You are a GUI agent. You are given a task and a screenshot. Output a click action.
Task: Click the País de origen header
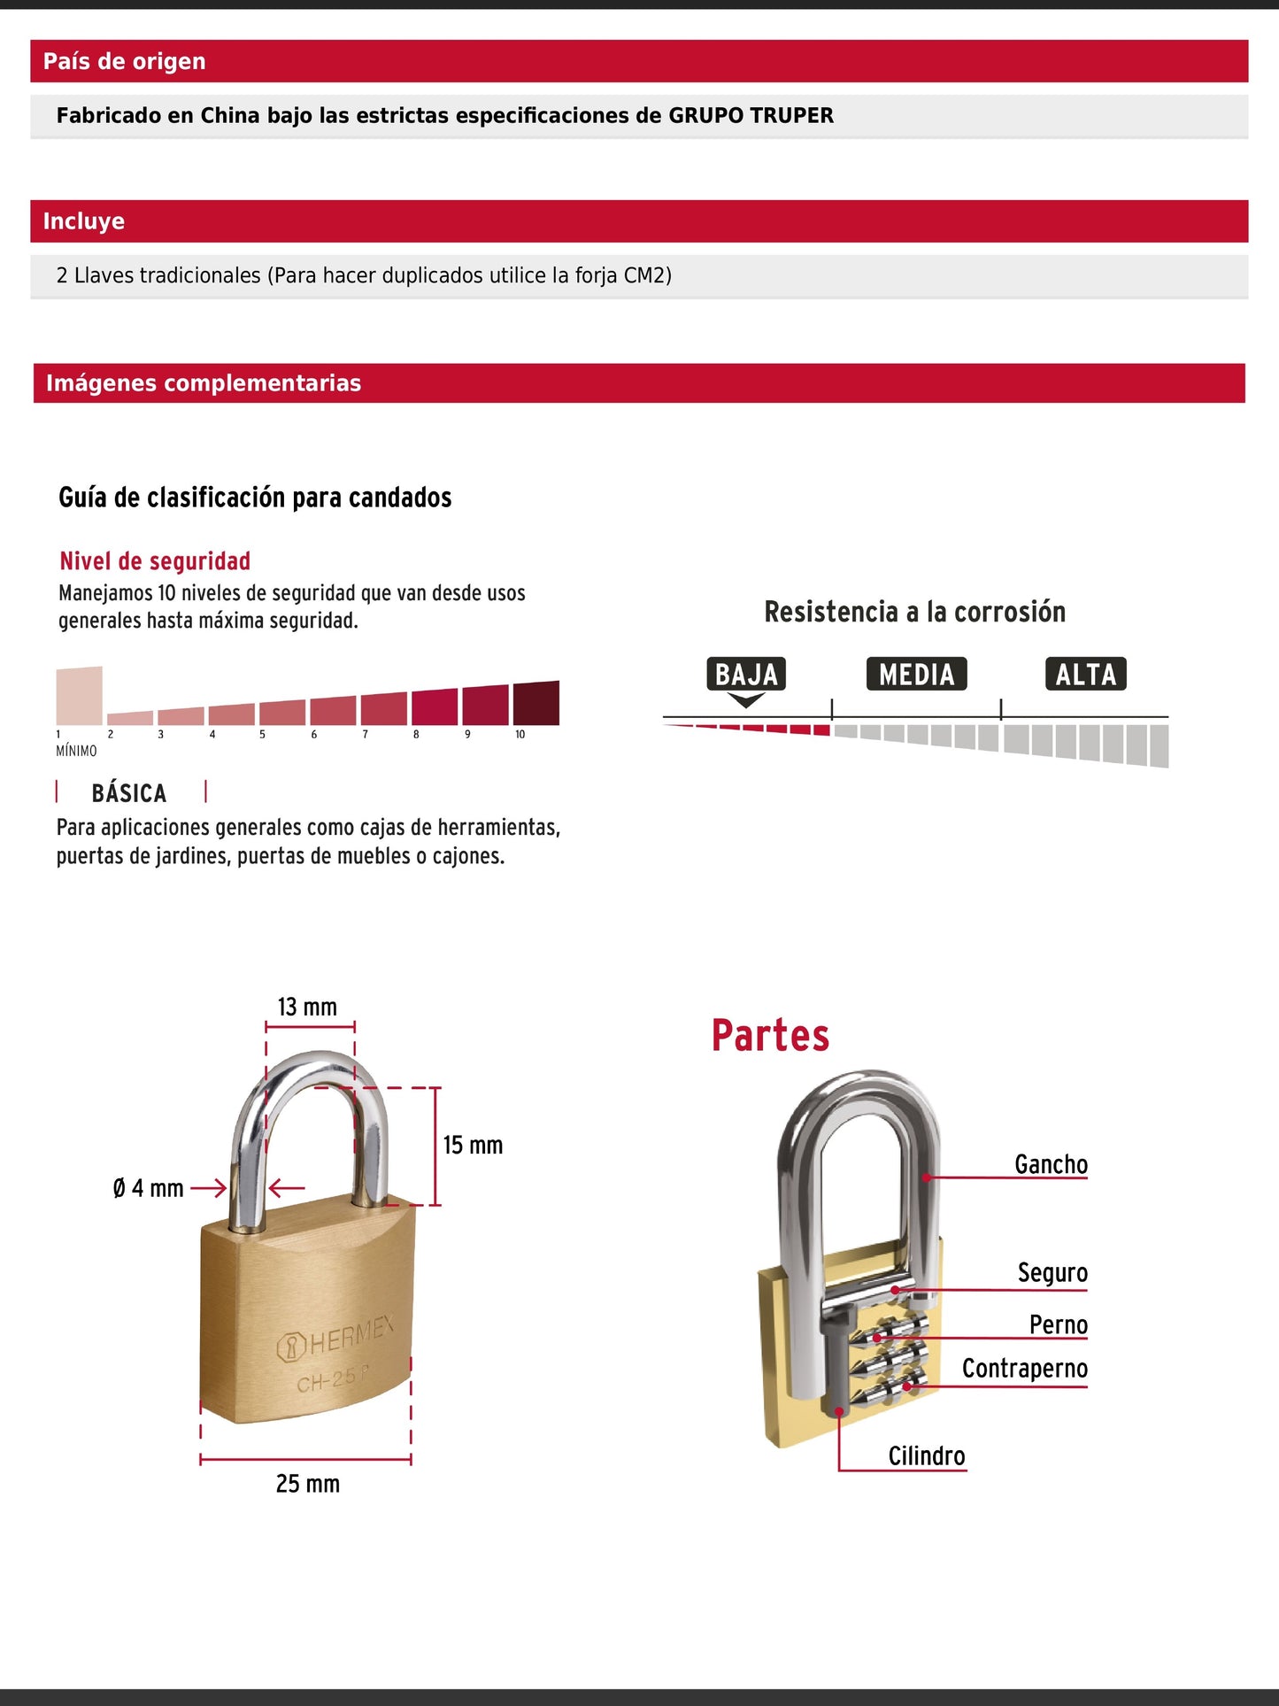click(124, 61)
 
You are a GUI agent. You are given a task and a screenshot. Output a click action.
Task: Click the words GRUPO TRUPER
click(751, 116)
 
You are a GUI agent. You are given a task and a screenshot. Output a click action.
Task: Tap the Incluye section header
click(84, 221)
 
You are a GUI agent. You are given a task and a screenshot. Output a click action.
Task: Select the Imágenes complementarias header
click(204, 383)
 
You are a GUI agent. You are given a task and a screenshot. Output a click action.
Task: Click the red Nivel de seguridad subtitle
click(155, 561)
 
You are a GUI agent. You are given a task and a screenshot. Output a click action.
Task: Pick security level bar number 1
click(79, 696)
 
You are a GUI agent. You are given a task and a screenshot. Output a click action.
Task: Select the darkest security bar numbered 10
click(536, 704)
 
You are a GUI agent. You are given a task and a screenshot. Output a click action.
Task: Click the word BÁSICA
click(129, 792)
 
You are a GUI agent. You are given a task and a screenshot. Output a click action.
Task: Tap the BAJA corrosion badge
click(746, 675)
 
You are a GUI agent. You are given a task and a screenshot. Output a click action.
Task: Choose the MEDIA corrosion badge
click(916, 675)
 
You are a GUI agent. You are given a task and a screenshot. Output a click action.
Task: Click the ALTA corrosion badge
click(1085, 675)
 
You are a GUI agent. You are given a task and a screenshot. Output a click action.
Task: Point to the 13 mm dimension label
click(307, 1007)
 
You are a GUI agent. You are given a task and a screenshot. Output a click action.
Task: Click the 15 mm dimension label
click(473, 1146)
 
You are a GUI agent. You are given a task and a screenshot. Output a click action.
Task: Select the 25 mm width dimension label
click(307, 1484)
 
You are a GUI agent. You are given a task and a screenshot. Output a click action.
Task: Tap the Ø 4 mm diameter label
click(148, 1188)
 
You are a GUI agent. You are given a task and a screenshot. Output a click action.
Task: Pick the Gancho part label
click(1051, 1164)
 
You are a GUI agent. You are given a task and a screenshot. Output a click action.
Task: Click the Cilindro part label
click(927, 1456)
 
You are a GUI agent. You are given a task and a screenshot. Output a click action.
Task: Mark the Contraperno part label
click(1024, 1369)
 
